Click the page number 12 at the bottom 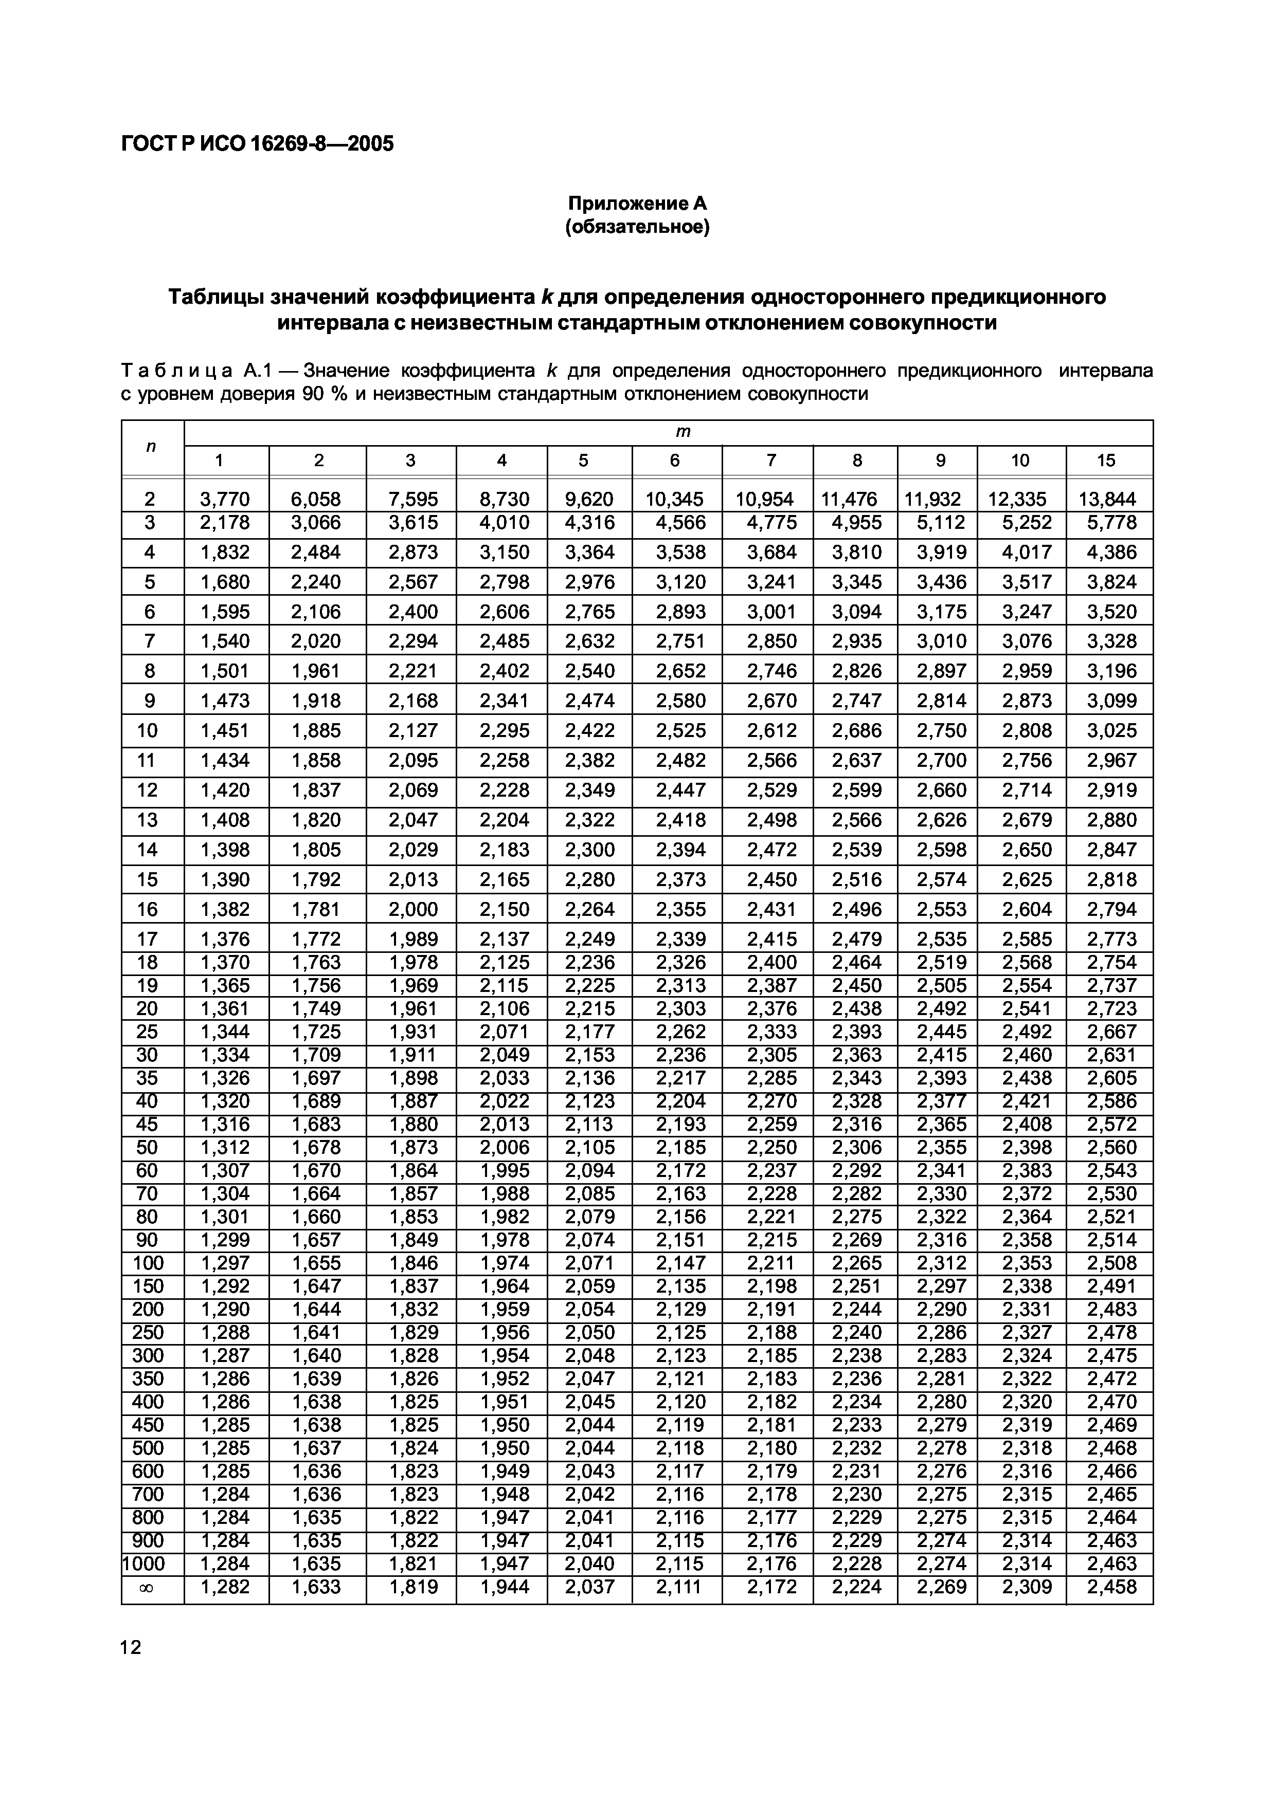(131, 1647)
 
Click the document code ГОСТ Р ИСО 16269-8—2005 (257, 144)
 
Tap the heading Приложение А (637, 204)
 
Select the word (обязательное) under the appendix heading (637, 228)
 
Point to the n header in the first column (151, 446)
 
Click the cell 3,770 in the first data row (225, 499)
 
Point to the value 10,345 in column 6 (675, 499)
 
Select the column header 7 (770, 460)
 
